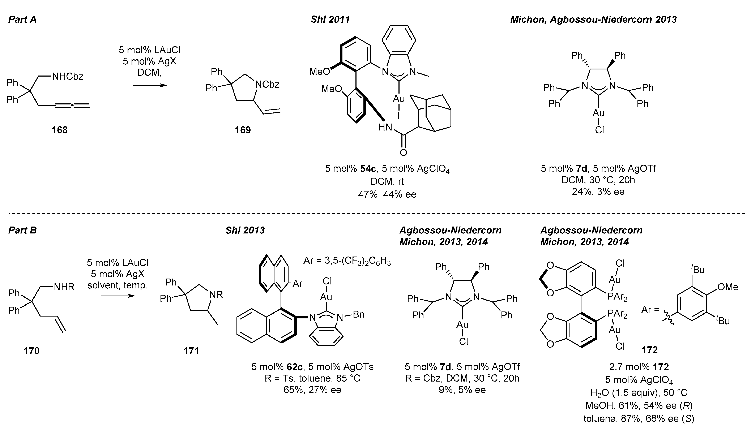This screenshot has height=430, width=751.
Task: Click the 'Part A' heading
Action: (x=22, y=20)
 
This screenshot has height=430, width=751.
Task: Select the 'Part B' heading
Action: (x=22, y=230)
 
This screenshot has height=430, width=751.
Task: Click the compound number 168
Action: (x=59, y=130)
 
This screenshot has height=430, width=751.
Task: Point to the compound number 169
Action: (x=243, y=130)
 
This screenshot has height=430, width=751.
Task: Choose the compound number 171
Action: (x=191, y=351)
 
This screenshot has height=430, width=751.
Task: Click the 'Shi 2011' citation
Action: (x=330, y=20)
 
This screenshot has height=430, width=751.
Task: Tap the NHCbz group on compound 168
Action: (x=68, y=77)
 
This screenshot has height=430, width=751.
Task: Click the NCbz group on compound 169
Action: (x=267, y=85)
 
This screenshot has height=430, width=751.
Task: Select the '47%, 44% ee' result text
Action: (x=387, y=194)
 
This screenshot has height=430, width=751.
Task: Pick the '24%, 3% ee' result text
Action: (x=598, y=192)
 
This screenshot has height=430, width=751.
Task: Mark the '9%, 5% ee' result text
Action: (x=462, y=390)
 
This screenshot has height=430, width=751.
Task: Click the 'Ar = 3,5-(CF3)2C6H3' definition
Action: (x=347, y=262)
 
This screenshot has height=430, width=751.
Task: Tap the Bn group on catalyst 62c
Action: (x=358, y=314)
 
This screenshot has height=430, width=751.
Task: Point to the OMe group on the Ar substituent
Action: (x=727, y=287)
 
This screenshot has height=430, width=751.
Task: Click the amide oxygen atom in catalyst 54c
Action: (x=403, y=153)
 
